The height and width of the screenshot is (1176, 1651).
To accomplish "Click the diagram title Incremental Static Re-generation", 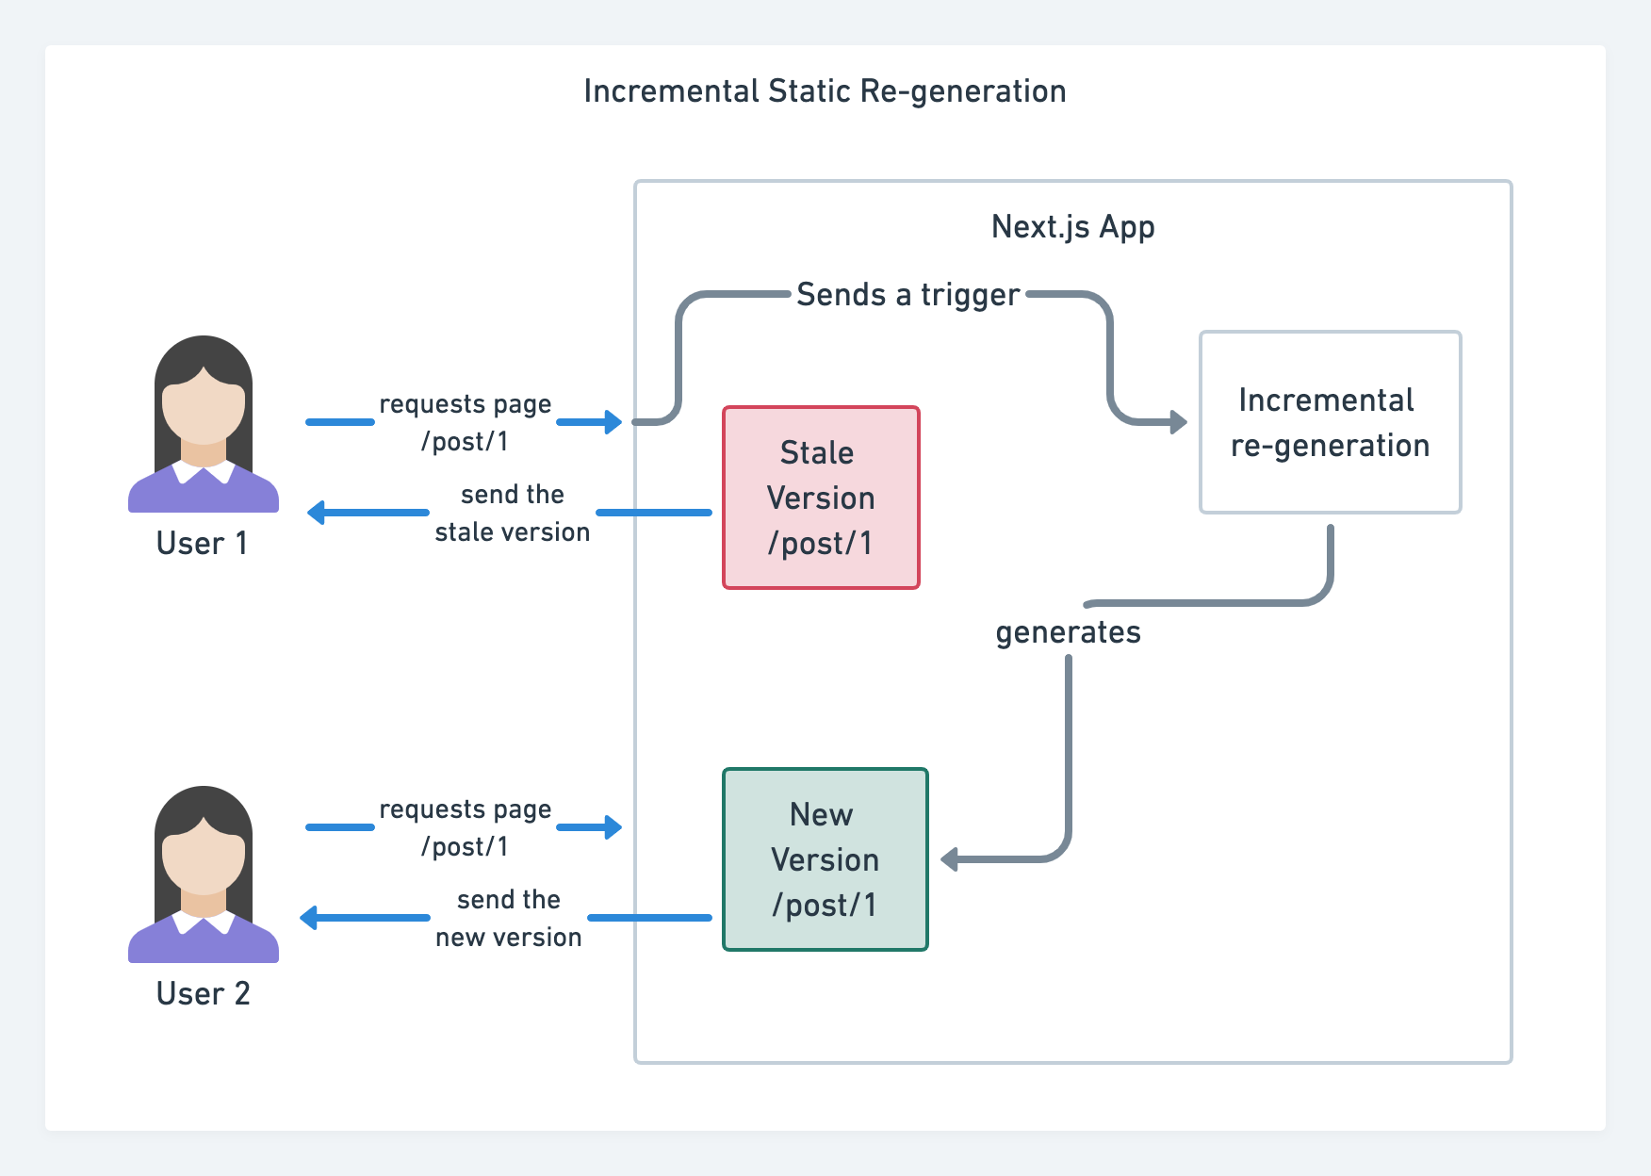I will pyautogui.click(x=825, y=91).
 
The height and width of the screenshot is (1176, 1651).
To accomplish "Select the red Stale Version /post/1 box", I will pyautogui.click(x=821, y=498).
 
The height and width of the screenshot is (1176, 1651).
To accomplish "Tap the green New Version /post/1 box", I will pyautogui.click(x=825, y=859).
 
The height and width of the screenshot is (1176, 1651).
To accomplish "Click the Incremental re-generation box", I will pyautogui.click(x=1330, y=422).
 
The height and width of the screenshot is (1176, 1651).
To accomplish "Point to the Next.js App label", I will pyautogui.click(x=1072, y=227).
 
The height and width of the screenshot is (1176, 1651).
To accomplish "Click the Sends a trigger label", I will pyautogui.click(x=907, y=295).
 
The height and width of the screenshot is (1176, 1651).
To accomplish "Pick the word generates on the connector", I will pyautogui.click(x=1068, y=632).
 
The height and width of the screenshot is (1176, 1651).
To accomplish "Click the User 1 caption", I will pyautogui.click(x=202, y=544).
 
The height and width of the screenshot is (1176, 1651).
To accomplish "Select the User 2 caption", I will pyautogui.click(x=203, y=994).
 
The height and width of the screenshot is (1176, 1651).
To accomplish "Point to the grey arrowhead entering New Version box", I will pyautogui.click(x=950, y=859).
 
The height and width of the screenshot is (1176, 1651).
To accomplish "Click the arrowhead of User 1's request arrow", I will pyautogui.click(x=613, y=422).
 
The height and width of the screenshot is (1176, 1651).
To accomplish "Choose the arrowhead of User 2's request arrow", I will pyautogui.click(x=613, y=827).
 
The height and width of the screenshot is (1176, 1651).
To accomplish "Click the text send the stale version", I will pyautogui.click(x=512, y=514).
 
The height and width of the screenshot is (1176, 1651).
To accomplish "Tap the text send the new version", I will pyautogui.click(x=509, y=919).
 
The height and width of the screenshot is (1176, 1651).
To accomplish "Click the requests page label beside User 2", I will pyautogui.click(x=465, y=810).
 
